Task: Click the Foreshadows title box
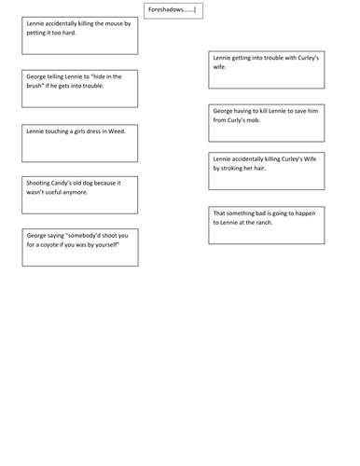coord(174,11)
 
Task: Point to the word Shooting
coord(40,184)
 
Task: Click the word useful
coord(51,193)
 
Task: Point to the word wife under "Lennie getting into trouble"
coord(222,69)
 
